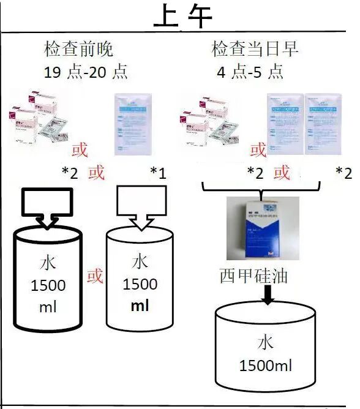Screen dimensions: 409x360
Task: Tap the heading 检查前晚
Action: click(79, 49)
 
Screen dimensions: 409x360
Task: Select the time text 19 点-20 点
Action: click(85, 72)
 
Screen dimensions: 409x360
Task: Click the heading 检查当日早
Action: click(255, 49)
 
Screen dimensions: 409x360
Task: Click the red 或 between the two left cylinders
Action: click(95, 276)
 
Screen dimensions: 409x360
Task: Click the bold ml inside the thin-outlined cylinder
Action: click(140, 306)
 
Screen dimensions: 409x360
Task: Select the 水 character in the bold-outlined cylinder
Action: click(48, 263)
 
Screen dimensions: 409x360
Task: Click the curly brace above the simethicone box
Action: click(262, 195)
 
